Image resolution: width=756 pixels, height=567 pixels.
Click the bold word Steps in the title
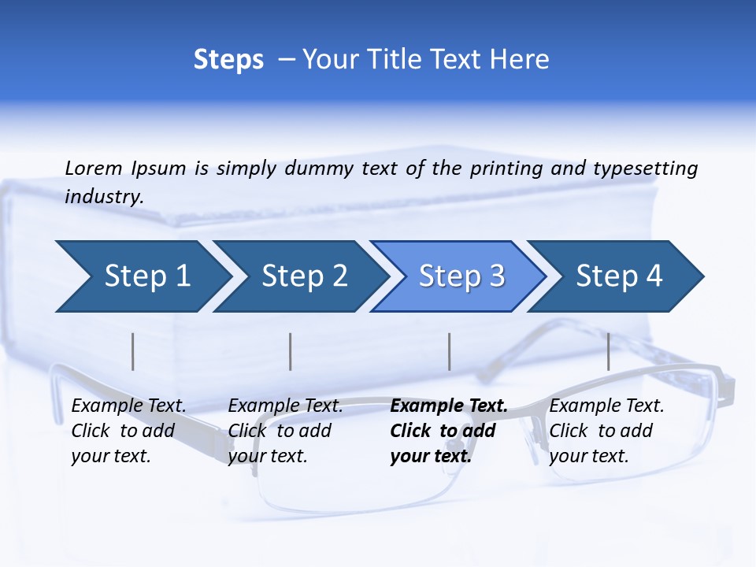click(x=228, y=60)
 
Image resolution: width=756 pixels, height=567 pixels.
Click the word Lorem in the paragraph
click(x=94, y=168)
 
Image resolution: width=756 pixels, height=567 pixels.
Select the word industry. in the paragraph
click(x=104, y=197)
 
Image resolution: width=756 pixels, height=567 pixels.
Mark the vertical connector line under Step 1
click(x=133, y=351)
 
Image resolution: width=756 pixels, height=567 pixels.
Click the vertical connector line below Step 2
click(x=291, y=351)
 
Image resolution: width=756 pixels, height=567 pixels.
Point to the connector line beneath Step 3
click(x=449, y=351)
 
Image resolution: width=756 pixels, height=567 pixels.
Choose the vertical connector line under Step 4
click(x=608, y=351)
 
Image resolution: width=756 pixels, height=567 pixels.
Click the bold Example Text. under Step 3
click(x=449, y=406)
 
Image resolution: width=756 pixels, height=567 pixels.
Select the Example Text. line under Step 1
click(x=128, y=406)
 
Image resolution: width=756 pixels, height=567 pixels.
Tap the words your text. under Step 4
click(x=589, y=456)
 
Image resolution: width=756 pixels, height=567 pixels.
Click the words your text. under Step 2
click(x=268, y=456)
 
